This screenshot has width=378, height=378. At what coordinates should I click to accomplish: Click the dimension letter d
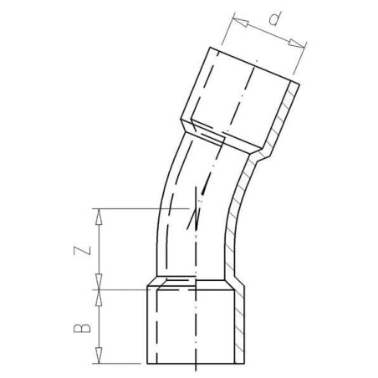tap(274, 18)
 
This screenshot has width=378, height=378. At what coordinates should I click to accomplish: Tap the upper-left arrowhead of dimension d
tap(240, 21)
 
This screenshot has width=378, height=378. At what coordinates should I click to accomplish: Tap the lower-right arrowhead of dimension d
tap(296, 44)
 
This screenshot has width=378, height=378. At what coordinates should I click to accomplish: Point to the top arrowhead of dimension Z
tap(99, 217)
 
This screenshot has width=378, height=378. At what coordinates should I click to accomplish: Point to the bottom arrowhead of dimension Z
tap(99, 282)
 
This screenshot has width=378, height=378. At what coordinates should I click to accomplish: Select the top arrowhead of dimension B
tap(99, 298)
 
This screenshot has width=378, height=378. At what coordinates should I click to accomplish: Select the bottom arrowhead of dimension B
tap(99, 355)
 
